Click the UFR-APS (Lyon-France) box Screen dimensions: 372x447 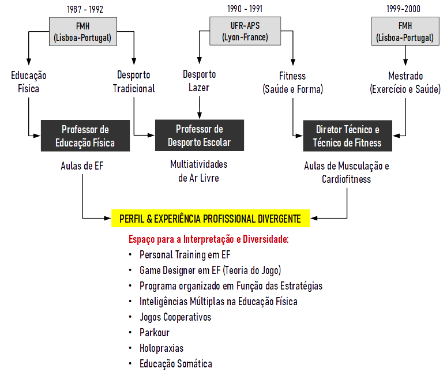click(x=245, y=31)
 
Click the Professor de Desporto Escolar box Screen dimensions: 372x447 click(x=199, y=135)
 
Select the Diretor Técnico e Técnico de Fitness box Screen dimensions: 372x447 click(x=347, y=136)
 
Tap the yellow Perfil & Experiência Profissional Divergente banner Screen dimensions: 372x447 click(x=210, y=219)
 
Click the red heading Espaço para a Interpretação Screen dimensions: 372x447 click(x=208, y=239)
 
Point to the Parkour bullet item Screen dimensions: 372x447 click(x=155, y=333)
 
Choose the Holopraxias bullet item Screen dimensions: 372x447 click(x=161, y=348)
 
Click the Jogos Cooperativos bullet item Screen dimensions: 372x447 click(x=175, y=317)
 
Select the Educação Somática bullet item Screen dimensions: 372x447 click(x=176, y=364)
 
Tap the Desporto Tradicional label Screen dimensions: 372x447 click(x=134, y=82)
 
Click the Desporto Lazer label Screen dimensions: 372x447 click(x=200, y=81)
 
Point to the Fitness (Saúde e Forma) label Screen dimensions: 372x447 click(x=292, y=82)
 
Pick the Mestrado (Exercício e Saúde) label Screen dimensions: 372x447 click(x=405, y=82)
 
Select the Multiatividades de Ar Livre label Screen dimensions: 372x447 click(x=199, y=171)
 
